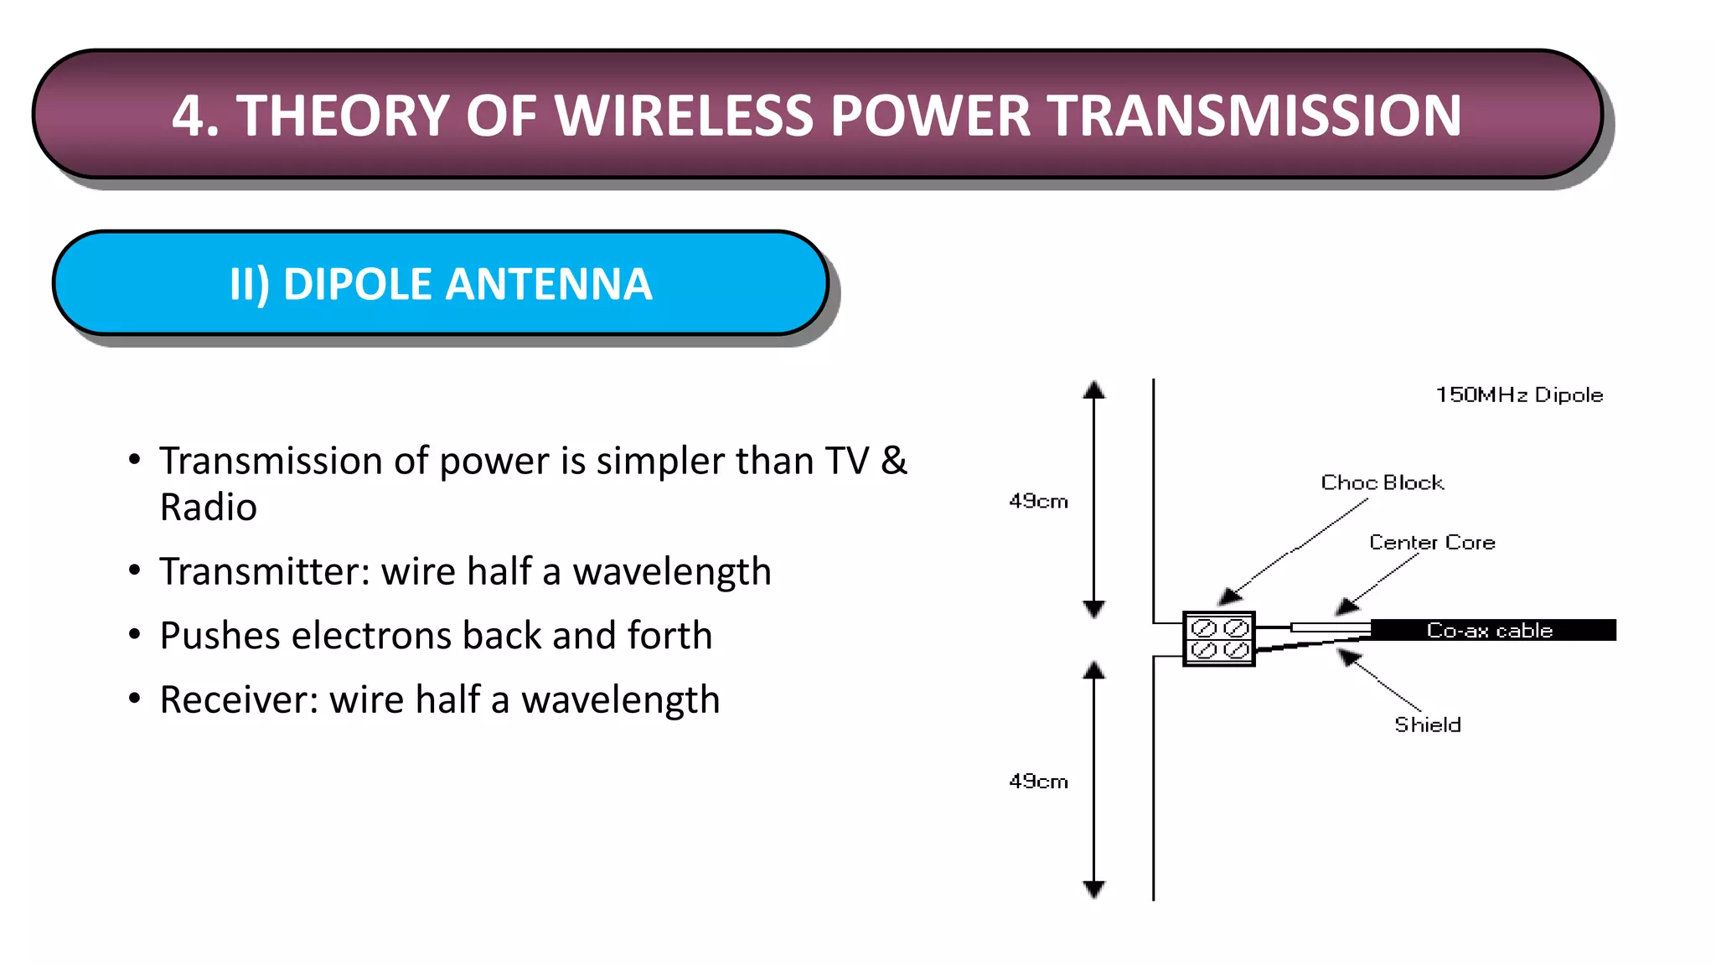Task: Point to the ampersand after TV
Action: (x=894, y=461)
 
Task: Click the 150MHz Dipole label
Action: (x=1519, y=395)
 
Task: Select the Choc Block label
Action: (x=1382, y=482)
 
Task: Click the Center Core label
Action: (x=1432, y=542)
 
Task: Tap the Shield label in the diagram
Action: (x=1427, y=725)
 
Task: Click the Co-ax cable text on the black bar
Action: (x=1490, y=630)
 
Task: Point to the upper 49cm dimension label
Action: (x=1038, y=501)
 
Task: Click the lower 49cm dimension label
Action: (x=1038, y=782)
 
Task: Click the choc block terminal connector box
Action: (x=1219, y=639)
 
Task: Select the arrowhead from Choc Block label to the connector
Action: (x=1229, y=596)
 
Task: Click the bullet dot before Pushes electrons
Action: (x=135, y=634)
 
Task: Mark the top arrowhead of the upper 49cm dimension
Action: (x=1093, y=390)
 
